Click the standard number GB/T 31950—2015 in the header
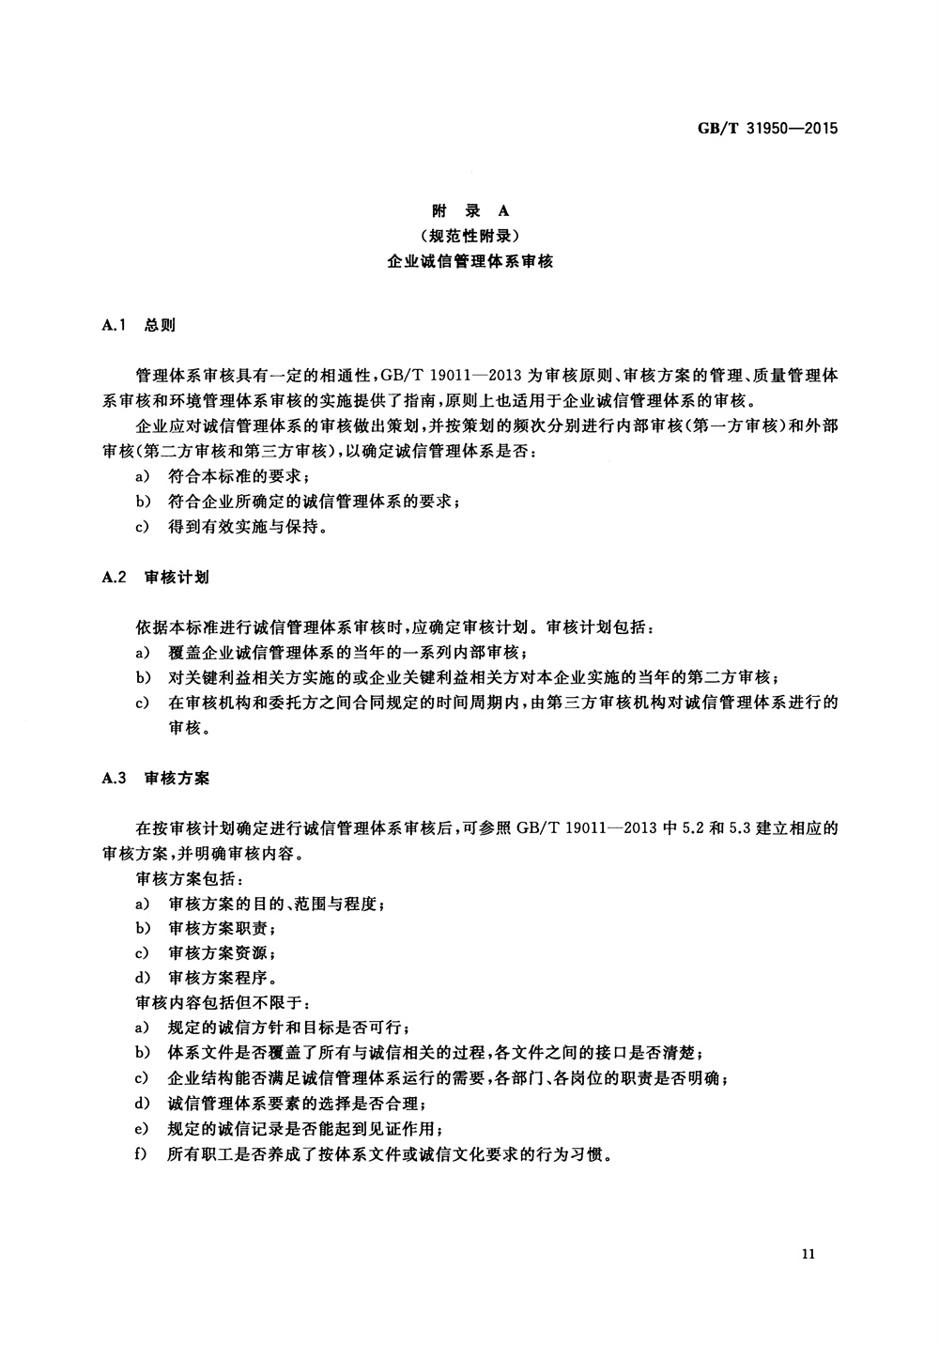[x=766, y=129]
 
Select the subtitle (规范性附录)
[x=469, y=236]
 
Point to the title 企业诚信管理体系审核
[x=469, y=262]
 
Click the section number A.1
[x=114, y=325]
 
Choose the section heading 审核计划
[x=177, y=577]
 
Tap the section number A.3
[x=114, y=779]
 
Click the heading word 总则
[x=160, y=325]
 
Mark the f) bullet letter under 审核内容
[x=143, y=1153]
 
